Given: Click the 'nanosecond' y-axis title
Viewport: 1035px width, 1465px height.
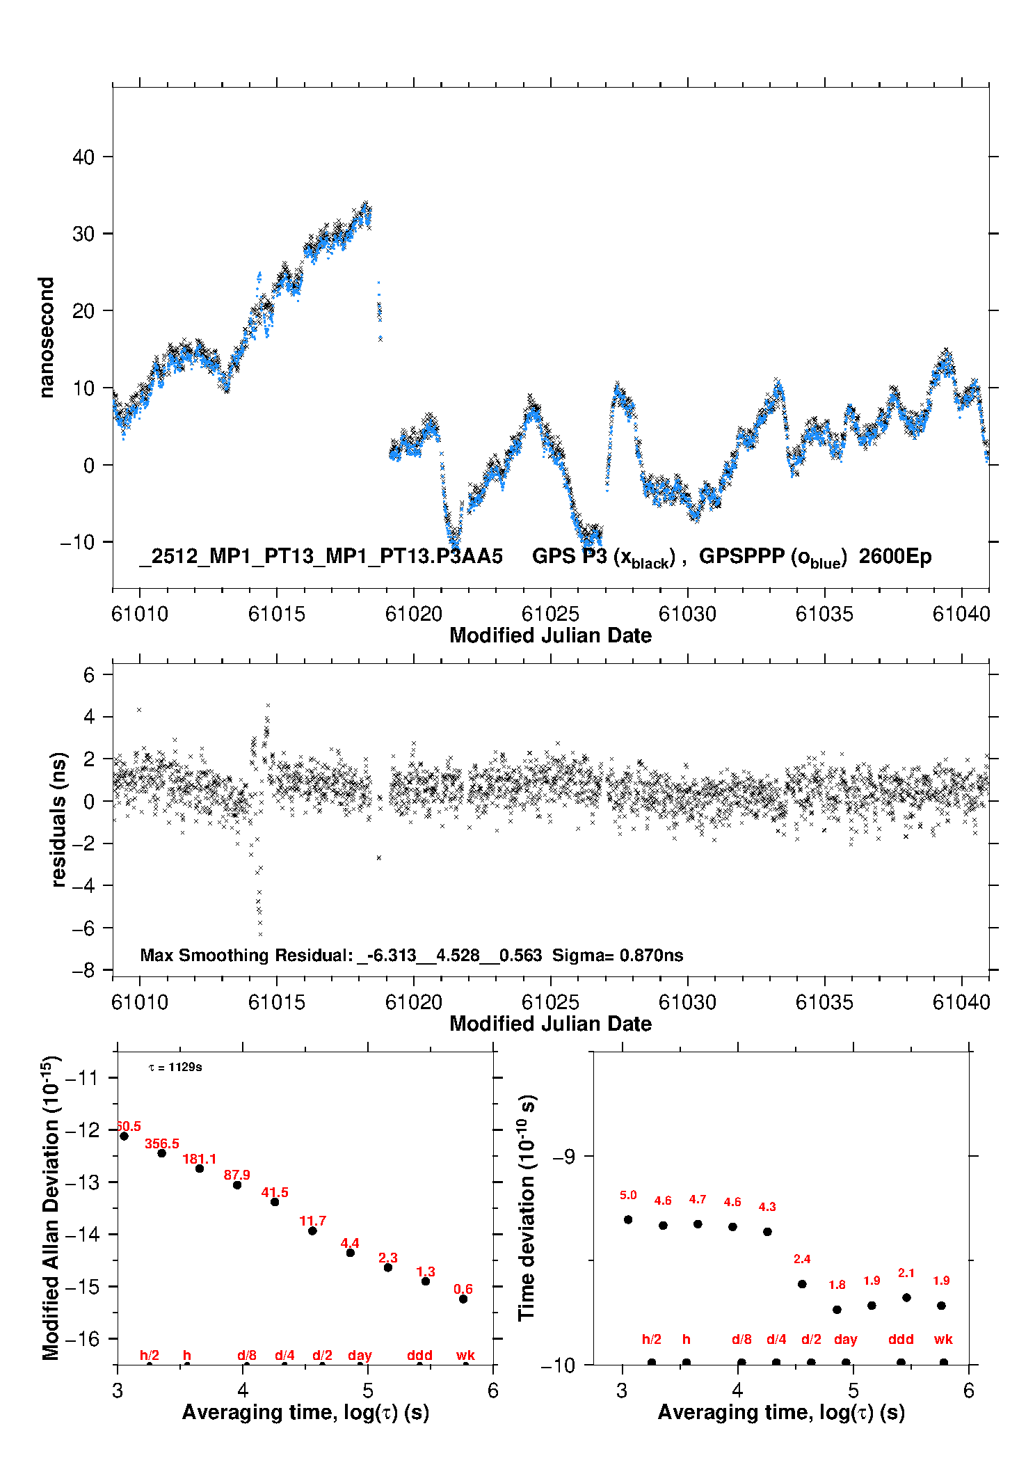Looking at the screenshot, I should coord(47,338).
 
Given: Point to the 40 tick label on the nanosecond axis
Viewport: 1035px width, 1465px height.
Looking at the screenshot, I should coord(83,157).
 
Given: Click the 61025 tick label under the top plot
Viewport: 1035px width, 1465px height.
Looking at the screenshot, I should coord(550,614).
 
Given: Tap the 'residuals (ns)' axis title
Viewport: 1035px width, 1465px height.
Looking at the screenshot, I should coord(59,819).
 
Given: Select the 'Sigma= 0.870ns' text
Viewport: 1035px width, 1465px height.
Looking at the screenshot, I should coord(618,956).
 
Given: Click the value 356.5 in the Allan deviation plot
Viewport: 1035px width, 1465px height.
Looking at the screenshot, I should coord(162,1144).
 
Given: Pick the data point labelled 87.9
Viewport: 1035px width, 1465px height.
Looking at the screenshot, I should coord(237,1185).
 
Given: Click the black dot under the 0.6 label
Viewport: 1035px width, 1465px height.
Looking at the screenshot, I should coord(463,1299).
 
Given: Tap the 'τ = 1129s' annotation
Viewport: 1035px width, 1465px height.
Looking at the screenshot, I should coord(175,1067).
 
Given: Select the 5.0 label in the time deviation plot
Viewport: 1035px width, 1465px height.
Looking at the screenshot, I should coord(628,1195).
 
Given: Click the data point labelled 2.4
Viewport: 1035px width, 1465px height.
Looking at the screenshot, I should coord(802,1284).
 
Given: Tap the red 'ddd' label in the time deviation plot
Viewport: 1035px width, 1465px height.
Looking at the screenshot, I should coord(901,1339).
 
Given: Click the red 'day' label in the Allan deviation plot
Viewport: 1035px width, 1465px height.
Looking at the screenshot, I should coord(360,1355).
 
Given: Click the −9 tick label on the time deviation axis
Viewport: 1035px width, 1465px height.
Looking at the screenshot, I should coord(564,1156).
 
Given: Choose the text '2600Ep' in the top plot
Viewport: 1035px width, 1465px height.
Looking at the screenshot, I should coord(895,557).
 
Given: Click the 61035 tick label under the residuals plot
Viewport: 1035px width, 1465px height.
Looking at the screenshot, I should coord(824,1002).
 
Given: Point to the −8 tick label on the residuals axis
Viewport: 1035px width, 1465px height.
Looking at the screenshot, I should coord(83,970).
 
